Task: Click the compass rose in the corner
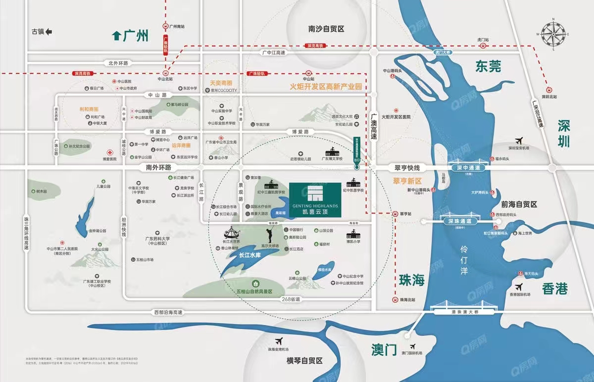(x=554, y=33)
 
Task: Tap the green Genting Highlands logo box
(x=315, y=199)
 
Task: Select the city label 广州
(x=131, y=36)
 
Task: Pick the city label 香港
(x=554, y=289)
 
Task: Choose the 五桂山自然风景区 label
(x=255, y=291)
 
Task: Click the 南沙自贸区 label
(x=326, y=29)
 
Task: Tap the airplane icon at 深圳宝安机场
(x=518, y=140)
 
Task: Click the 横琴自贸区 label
(x=304, y=361)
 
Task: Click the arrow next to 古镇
(x=49, y=32)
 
